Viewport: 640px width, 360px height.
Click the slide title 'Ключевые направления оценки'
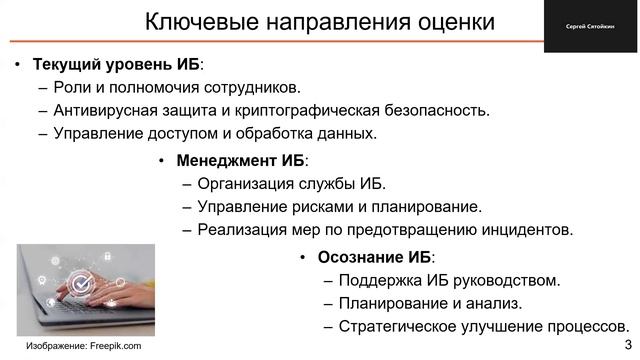click(x=320, y=22)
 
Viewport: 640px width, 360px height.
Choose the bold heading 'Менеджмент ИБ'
click(x=241, y=161)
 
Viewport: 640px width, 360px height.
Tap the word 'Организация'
click(x=246, y=184)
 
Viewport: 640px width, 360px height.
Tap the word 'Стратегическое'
click(x=393, y=327)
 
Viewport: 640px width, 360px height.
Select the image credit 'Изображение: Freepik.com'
click(x=83, y=346)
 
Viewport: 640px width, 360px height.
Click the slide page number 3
click(x=627, y=345)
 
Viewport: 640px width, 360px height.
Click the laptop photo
click(x=85, y=289)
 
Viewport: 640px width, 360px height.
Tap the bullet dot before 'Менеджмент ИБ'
click(x=161, y=161)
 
